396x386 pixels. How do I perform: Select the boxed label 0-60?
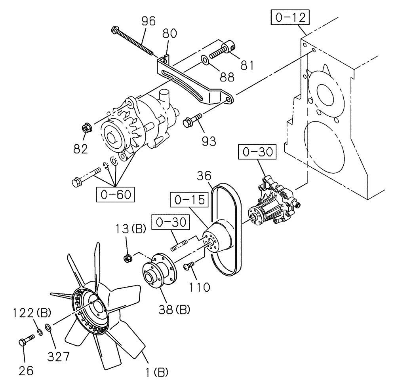[116, 194]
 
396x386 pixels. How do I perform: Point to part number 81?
[247, 64]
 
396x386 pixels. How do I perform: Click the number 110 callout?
[199, 286]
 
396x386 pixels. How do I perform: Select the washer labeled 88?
[204, 60]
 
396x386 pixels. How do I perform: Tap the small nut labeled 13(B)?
[127, 259]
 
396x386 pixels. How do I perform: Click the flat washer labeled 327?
[48, 328]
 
